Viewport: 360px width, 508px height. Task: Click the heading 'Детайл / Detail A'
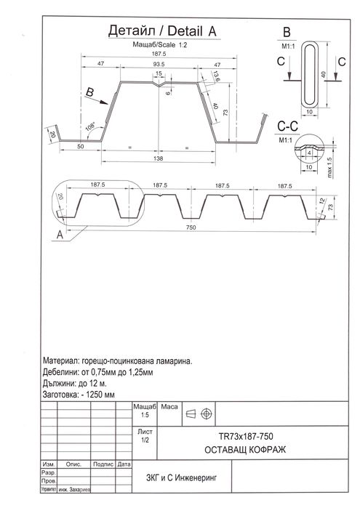tap(161, 31)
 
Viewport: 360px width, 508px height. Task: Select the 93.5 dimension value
tap(157, 64)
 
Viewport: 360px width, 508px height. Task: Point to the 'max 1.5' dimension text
tap(329, 167)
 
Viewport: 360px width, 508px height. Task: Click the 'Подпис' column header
tap(103, 464)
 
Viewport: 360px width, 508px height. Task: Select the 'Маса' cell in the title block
tap(169, 406)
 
